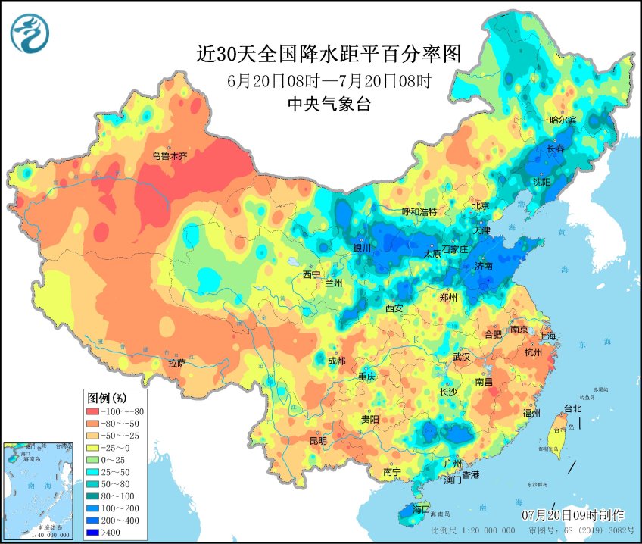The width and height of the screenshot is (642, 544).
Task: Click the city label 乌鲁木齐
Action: point(168,156)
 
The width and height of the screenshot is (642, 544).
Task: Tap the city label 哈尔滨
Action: point(563,120)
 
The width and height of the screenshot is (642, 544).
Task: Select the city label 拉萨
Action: point(176,363)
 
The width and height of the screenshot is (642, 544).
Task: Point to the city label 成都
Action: point(336,361)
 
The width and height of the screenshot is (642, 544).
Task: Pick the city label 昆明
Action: point(317,440)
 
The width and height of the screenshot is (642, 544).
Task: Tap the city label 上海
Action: point(547,336)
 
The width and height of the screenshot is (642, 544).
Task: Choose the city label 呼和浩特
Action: point(419,212)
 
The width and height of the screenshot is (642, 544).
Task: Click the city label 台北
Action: point(572,408)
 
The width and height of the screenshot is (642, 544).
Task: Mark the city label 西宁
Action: point(312,274)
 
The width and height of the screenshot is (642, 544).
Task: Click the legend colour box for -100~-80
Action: point(98,411)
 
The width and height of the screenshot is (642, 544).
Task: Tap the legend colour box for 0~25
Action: point(98,461)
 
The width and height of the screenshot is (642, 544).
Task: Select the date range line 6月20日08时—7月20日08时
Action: point(329,80)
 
